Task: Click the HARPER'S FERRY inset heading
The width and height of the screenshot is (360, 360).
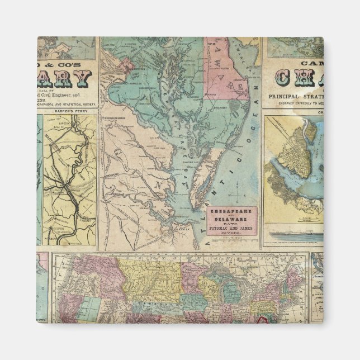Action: [x=67, y=111]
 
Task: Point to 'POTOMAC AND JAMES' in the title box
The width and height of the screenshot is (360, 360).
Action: [x=231, y=229]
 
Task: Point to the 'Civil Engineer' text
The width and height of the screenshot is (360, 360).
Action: [x=67, y=86]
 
